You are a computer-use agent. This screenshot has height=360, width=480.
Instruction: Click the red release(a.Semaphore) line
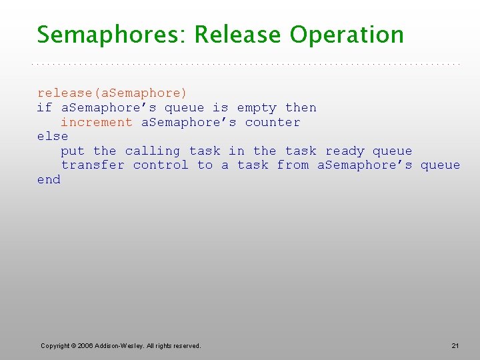click(x=112, y=93)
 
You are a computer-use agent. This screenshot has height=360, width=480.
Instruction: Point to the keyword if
click(x=44, y=108)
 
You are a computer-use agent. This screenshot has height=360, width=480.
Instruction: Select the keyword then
click(x=301, y=108)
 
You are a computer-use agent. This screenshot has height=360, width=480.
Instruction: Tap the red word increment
click(x=97, y=123)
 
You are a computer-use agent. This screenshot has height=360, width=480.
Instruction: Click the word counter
click(x=273, y=123)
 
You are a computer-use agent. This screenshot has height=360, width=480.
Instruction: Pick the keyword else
click(x=53, y=137)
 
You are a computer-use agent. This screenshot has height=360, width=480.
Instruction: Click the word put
click(x=73, y=151)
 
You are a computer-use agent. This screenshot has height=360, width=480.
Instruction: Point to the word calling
click(x=153, y=151)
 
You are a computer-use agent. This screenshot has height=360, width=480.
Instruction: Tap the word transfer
click(x=93, y=165)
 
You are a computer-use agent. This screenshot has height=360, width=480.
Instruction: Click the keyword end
click(x=49, y=180)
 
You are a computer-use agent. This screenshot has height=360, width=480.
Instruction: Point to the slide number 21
click(x=455, y=345)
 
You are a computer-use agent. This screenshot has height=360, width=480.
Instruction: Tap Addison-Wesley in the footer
click(x=118, y=345)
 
